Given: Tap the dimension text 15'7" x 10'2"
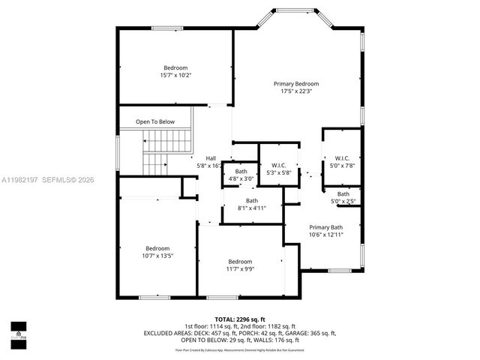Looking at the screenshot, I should click(175, 75).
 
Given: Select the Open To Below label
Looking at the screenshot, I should click(155, 121).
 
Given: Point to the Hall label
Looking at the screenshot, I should click(211, 158).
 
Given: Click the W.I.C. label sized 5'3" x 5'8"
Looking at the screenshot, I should click(277, 165).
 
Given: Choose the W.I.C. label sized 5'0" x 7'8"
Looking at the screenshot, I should click(343, 158).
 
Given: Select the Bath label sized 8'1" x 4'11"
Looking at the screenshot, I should click(252, 200).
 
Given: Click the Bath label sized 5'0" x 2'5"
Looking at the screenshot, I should click(343, 194).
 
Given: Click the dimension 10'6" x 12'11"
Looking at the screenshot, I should click(325, 235).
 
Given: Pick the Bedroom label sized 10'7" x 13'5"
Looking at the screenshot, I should click(157, 248).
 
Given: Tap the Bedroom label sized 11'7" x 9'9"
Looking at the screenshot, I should click(240, 262).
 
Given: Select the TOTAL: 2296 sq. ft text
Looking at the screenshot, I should click(240, 319).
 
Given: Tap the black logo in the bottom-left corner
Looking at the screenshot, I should click(18, 331).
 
